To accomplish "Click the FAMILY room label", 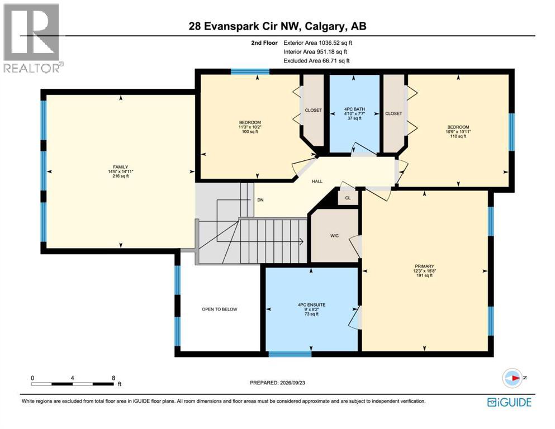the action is tap(120, 167).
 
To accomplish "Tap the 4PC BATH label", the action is tap(354, 109).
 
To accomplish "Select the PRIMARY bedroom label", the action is tap(424, 266).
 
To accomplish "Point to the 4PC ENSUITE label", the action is tap(311, 305).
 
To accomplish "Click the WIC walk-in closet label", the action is tap(334, 236).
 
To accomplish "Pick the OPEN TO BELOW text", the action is tap(220, 309).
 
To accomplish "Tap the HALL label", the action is tap(317, 181).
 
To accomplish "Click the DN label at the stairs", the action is tap(260, 200).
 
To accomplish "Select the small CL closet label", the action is tap(348, 198).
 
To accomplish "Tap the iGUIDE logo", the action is tap(509, 402).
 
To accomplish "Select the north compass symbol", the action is tap(512, 378).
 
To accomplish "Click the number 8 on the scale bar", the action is tap(113, 378).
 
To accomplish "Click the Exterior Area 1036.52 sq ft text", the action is tap(318, 43).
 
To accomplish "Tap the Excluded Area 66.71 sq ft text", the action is tap(316, 61).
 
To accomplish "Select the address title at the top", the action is tap(277, 26).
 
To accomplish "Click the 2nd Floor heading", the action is tap(264, 43).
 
